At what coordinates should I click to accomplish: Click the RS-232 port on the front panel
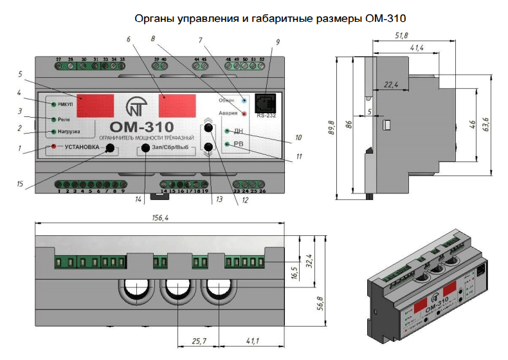pos(266,104)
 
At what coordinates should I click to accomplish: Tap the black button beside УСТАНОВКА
pos(111,148)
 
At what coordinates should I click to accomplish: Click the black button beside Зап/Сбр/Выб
pos(146,148)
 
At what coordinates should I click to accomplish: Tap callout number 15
pos(22,184)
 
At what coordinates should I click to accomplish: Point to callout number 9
pos(278,42)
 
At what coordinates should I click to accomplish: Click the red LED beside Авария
pos(244,114)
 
